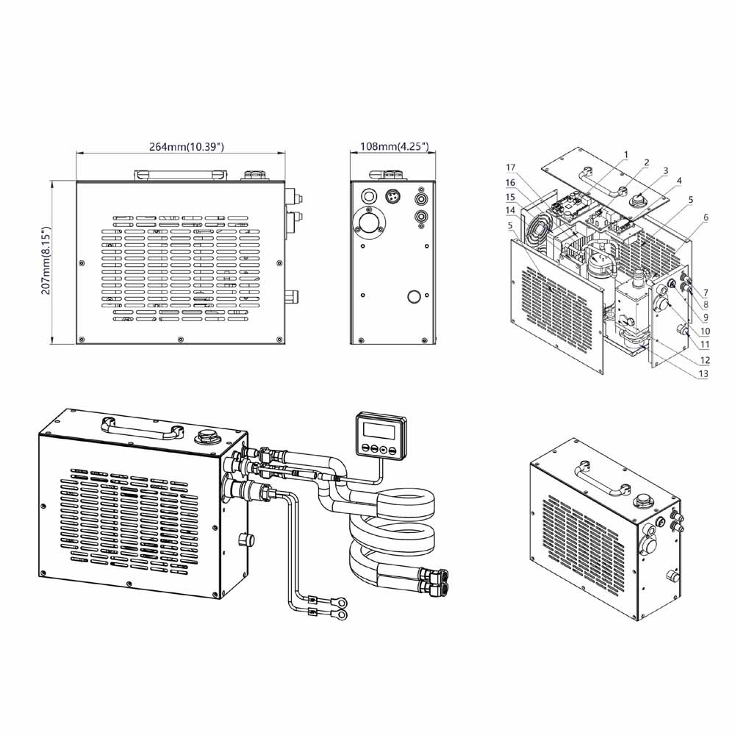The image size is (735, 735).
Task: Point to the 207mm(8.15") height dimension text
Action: (46, 261)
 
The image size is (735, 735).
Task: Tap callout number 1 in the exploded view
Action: (625, 154)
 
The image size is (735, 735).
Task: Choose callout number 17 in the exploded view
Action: (511, 168)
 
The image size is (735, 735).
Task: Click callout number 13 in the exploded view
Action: (704, 373)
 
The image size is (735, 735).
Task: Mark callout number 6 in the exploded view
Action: (705, 218)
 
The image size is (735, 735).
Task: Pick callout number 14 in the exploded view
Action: (511, 209)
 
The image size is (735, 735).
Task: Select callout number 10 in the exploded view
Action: (704, 331)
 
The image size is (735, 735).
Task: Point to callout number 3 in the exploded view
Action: (664, 171)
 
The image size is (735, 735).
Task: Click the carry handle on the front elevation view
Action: (179, 174)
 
